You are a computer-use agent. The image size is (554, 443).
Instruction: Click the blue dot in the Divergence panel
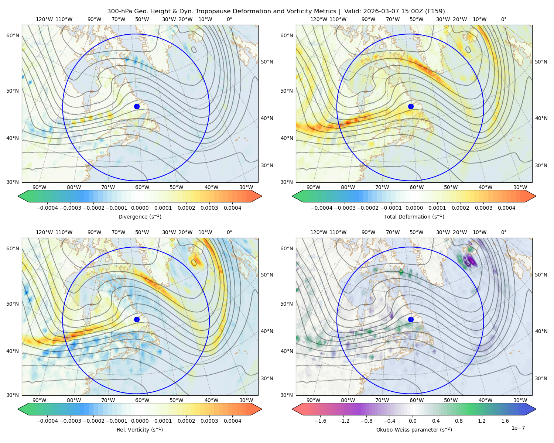(x=137, y=107)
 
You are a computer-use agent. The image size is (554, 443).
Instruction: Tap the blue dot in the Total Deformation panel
(x=411, y=107)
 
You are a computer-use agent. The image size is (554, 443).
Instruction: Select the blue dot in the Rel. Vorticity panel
(x=137, y=319)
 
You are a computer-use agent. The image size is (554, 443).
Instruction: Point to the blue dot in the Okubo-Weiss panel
(x=411, y=319)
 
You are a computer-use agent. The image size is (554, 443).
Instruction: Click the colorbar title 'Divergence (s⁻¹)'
(x=140, y=217)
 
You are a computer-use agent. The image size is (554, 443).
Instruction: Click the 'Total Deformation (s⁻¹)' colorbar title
(x=414, y=217)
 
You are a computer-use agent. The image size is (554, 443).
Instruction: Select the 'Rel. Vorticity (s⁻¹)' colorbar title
(x=140, y=430)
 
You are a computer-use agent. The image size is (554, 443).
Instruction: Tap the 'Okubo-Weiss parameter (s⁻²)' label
(x=414, y=430)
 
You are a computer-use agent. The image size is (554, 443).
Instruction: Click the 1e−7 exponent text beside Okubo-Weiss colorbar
(x=518, y=428)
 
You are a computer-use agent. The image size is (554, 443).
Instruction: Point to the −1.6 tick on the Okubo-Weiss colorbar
(x=321, y=421)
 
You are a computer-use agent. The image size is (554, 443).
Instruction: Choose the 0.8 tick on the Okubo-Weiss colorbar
(x=459, y=421)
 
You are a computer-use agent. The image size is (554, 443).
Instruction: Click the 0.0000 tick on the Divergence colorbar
(x=140, y=208)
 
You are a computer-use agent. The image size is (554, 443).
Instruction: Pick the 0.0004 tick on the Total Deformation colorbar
(x=507, y=208)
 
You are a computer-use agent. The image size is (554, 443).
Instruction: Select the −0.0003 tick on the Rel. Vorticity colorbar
(x=70, y=421)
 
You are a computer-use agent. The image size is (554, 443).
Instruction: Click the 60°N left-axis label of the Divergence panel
(x=13, y=35)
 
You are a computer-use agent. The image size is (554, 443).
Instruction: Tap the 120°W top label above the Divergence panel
(x=44, y=19)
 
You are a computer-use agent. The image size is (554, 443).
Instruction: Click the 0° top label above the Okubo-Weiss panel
(x=503, y=232)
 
